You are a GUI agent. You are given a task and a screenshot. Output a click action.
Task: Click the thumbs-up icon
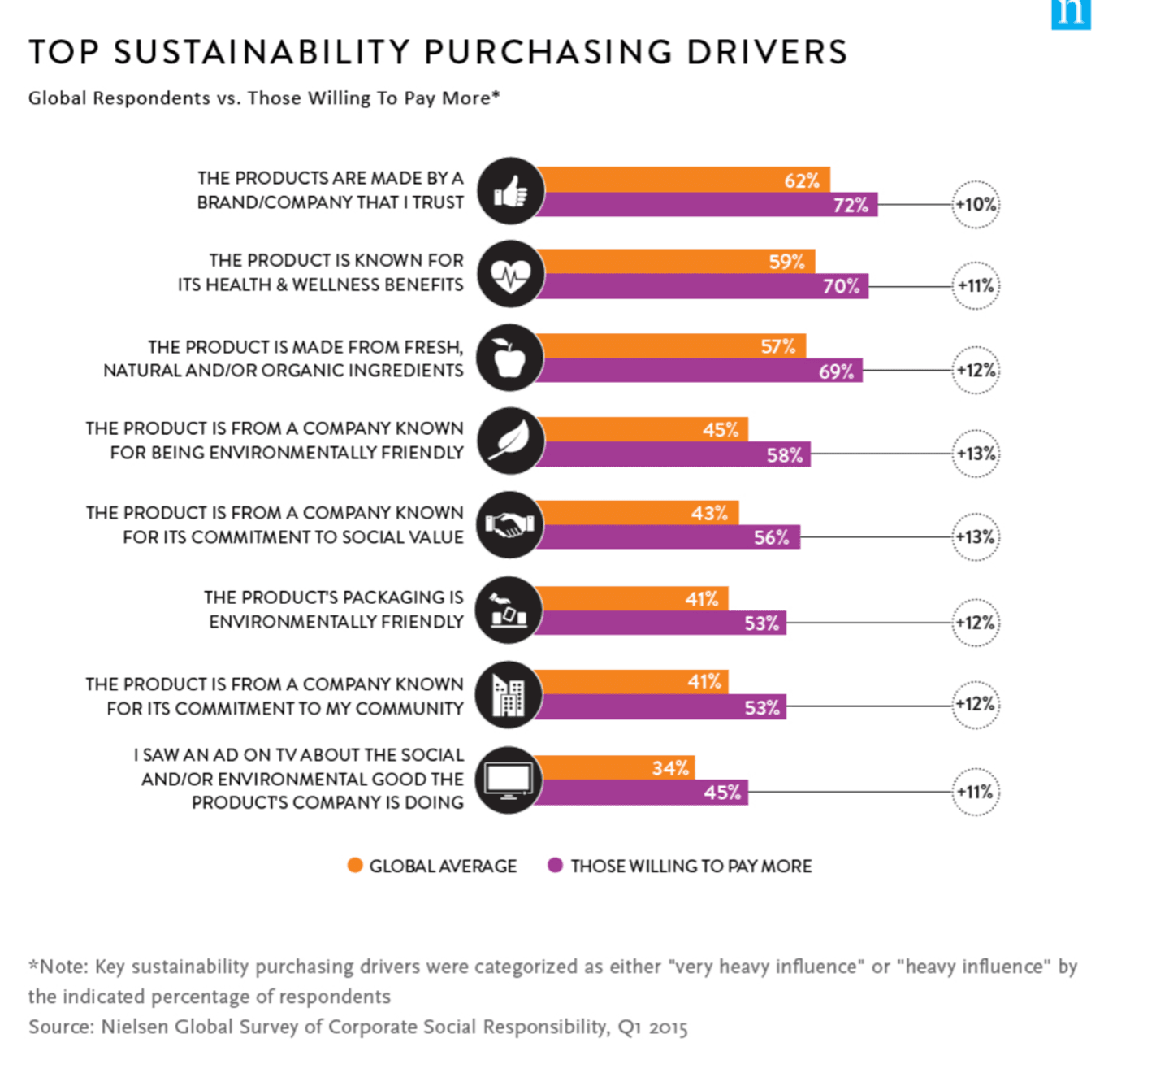[510, 192]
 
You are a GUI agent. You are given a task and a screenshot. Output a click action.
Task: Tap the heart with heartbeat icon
[510, 275]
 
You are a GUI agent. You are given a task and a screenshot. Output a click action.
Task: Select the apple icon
[509, 358]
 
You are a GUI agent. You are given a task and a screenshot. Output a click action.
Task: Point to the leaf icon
[509, 441]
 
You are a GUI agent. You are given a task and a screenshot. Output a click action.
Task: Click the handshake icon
[509, 525]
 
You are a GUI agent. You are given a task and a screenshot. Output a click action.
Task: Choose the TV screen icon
[509, 780]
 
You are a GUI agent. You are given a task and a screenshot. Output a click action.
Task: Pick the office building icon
[509, 696]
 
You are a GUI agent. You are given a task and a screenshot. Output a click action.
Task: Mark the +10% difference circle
[975, 205]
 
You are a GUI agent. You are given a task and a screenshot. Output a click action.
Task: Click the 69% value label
[836, 371]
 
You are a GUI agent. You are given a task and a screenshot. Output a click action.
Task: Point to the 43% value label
[709, 514]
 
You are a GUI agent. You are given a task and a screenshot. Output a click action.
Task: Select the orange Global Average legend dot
[355, 866]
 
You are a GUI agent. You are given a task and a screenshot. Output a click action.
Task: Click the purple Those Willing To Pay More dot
[556, 866]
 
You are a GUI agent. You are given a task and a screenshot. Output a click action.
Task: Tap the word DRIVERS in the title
[767, 52]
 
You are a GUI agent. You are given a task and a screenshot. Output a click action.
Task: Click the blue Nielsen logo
[1071, 14]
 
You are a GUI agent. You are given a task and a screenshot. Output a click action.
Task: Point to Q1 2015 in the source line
[652, 1027]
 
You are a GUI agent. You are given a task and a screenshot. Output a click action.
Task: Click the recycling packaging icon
[509, 610]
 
